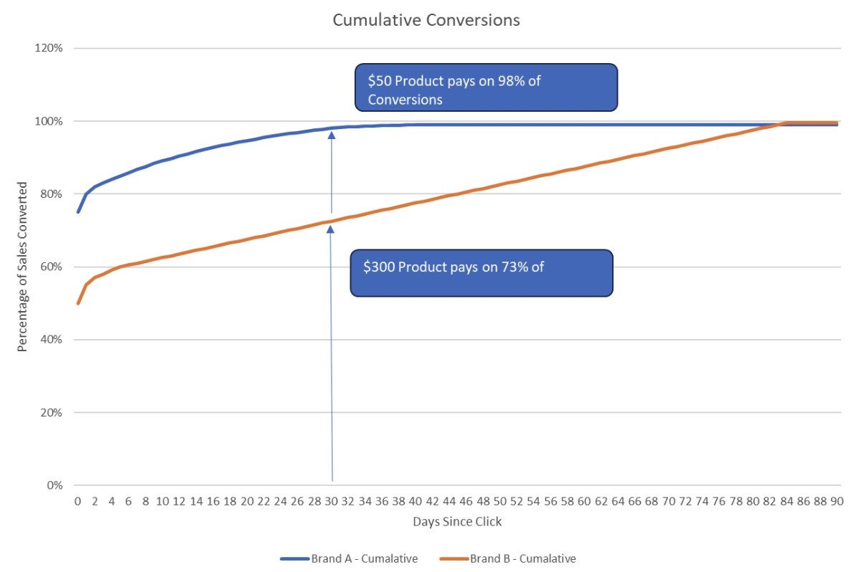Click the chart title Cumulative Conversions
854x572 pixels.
(x=426, y=20)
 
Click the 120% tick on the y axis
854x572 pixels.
(x=50, y=48)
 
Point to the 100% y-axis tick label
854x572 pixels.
(x=50, y=121)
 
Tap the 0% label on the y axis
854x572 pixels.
(x=55, y=485)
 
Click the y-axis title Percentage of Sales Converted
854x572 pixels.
(x=22, y=267)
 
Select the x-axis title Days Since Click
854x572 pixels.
(x=457, y=522)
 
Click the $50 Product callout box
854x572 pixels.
(x=486, y=88)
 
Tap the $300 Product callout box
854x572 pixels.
(x=481, y=273)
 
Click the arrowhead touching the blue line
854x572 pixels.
(x=331, y=134)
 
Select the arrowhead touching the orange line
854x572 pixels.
(x=331, y=229)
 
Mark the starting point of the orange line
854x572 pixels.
(x=78, y=303)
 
